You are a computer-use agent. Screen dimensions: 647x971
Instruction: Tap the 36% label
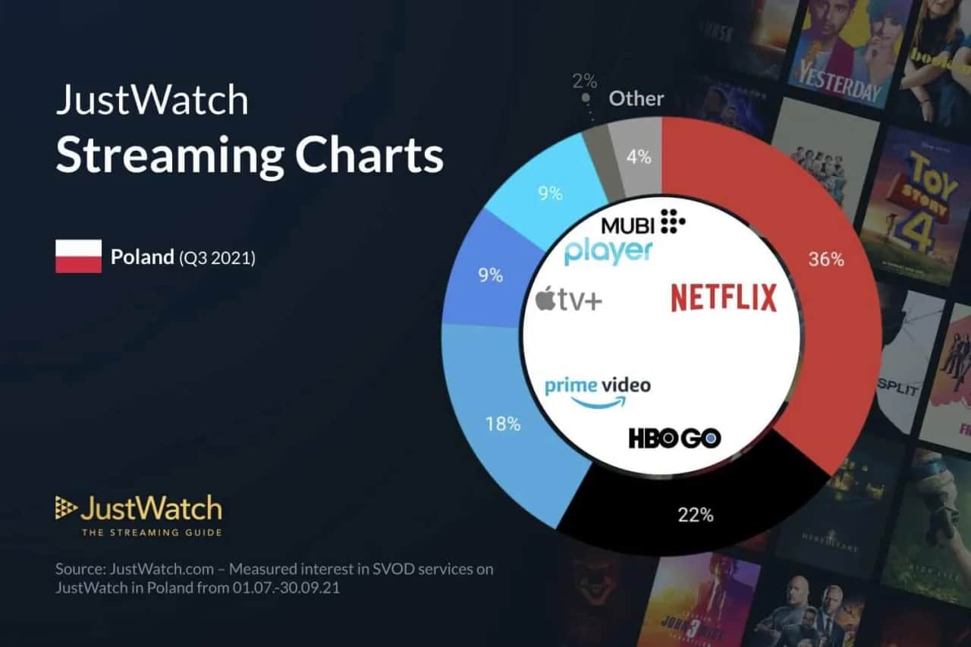coord(826,259)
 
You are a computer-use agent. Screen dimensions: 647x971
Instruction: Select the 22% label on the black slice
coord(696,515)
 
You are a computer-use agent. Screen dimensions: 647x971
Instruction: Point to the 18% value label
coord(503,424)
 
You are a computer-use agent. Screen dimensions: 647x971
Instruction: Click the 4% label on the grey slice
coord(639,157)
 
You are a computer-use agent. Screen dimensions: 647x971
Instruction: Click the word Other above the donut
coord(636,99)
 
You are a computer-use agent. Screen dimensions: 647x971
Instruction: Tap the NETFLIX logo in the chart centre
coord(724,297)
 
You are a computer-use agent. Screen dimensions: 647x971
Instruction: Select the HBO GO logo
coord(674,438)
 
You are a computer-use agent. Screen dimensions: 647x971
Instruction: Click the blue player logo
coord(608,251)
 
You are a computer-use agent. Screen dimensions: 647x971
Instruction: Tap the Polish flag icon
coord(78,256)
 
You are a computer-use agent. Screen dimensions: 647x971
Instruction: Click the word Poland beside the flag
coord(143,257)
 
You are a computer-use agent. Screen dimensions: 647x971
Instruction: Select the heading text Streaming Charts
coord(249,155)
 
